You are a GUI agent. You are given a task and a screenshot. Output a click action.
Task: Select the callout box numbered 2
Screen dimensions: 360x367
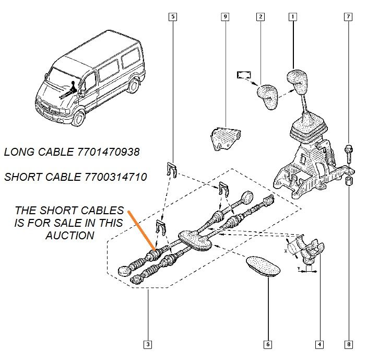coord(259,17)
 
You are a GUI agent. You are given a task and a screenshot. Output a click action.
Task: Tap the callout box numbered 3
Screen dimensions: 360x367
coord(149,344)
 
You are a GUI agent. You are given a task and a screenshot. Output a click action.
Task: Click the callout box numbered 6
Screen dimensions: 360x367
coord(268,344)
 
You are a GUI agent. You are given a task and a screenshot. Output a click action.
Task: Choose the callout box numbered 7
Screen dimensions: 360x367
coord(348,17)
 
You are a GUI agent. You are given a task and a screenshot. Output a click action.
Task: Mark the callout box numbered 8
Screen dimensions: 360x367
coord(348,344)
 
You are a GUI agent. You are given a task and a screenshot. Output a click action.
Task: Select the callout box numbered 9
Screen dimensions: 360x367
coord(225,17)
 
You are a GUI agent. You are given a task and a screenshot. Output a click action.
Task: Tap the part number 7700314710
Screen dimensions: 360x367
coord(115,177)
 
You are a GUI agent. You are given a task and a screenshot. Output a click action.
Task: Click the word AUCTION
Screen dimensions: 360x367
coord(69,235)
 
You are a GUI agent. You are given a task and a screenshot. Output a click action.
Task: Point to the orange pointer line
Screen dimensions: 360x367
coord(140,229)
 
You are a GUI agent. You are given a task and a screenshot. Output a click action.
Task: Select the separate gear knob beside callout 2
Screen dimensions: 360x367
coord(268,96)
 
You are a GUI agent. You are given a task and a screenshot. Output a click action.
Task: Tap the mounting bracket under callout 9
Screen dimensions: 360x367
coord(224,138)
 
